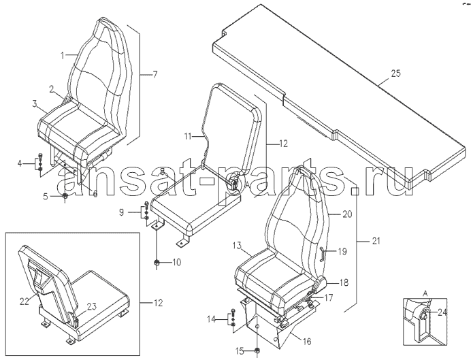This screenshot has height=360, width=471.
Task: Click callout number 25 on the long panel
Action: [x=395, y=73]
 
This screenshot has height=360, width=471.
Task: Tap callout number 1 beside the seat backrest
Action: [x=63, y=56]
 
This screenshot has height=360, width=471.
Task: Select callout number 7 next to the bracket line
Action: [x=155, y=74]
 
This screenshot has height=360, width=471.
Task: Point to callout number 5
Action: [x=46, y=197]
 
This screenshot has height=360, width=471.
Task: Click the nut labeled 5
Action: [x=65, y=197]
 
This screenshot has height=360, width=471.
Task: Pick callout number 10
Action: [x=177, y=263]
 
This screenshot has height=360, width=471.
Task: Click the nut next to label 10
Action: [x=156, y=263]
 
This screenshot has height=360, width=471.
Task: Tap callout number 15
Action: [x=240, y=350]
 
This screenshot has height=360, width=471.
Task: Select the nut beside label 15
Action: [x=257, y=350]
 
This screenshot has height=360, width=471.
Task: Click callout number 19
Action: [x=342, y=251]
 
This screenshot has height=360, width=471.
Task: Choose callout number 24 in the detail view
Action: [x=442, y=313]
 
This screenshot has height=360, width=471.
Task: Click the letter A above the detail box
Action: [x=425, y=292]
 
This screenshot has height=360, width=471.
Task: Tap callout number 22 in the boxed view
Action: [x=25, y=301]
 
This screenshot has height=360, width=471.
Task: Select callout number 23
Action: [x=92, y=306]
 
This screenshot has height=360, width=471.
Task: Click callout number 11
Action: [x=188, y=137]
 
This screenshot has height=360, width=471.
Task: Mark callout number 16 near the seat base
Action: [x=307, y=342]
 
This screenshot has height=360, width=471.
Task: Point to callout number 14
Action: [x=212, y=319]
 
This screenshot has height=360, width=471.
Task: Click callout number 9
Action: [x=121, y=212]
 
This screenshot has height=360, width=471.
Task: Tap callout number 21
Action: [x=375, y=232]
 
